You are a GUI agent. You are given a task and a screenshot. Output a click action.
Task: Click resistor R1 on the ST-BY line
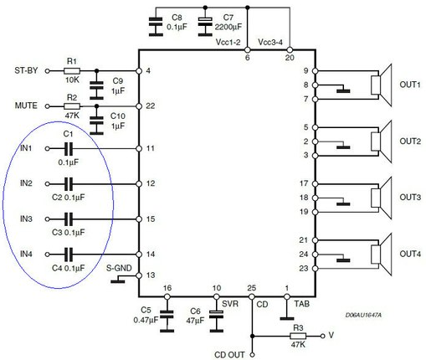[x=72, y=71]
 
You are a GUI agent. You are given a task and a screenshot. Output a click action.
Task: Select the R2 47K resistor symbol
[x=72, y=106]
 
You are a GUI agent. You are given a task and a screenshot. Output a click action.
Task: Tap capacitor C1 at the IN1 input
[x=69, y=148]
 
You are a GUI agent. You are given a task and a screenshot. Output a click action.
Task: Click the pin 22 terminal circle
[x=139, y=106]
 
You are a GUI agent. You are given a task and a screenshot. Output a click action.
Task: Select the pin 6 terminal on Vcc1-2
[x=247, y=50]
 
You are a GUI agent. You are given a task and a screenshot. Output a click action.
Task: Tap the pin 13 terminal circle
[x=139, y=275]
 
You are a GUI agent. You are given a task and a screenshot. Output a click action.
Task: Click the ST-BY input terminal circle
[x=48, y=71]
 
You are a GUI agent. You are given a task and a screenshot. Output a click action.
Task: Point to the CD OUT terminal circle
[x=252, y=355]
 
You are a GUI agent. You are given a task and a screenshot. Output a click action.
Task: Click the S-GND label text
[x=119, y=268]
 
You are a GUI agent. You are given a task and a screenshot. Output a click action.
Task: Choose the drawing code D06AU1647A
[x=363, y=315]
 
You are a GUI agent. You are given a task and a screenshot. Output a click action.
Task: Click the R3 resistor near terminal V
[x=298, y=336]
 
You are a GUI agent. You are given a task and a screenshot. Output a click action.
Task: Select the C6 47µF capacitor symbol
[x=217, y=314]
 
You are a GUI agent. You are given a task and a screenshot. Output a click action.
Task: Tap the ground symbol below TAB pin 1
[x=287, y=318]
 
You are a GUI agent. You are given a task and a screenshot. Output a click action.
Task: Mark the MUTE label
[x=26, y=105]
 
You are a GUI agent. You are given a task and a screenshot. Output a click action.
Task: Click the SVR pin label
[x=230, y=304]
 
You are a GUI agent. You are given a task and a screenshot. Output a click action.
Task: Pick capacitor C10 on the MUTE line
[x=96, y=121]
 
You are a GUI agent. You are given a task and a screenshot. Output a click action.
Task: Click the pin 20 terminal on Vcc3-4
[x=290, y=50]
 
